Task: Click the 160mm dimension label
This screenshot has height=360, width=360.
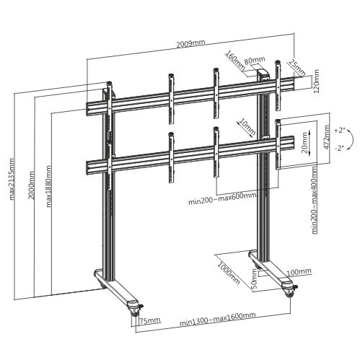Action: coord(232,58)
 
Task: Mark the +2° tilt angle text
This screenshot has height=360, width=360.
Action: coord(340,131)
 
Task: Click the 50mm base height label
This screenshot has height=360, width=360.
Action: coord(254,278)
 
